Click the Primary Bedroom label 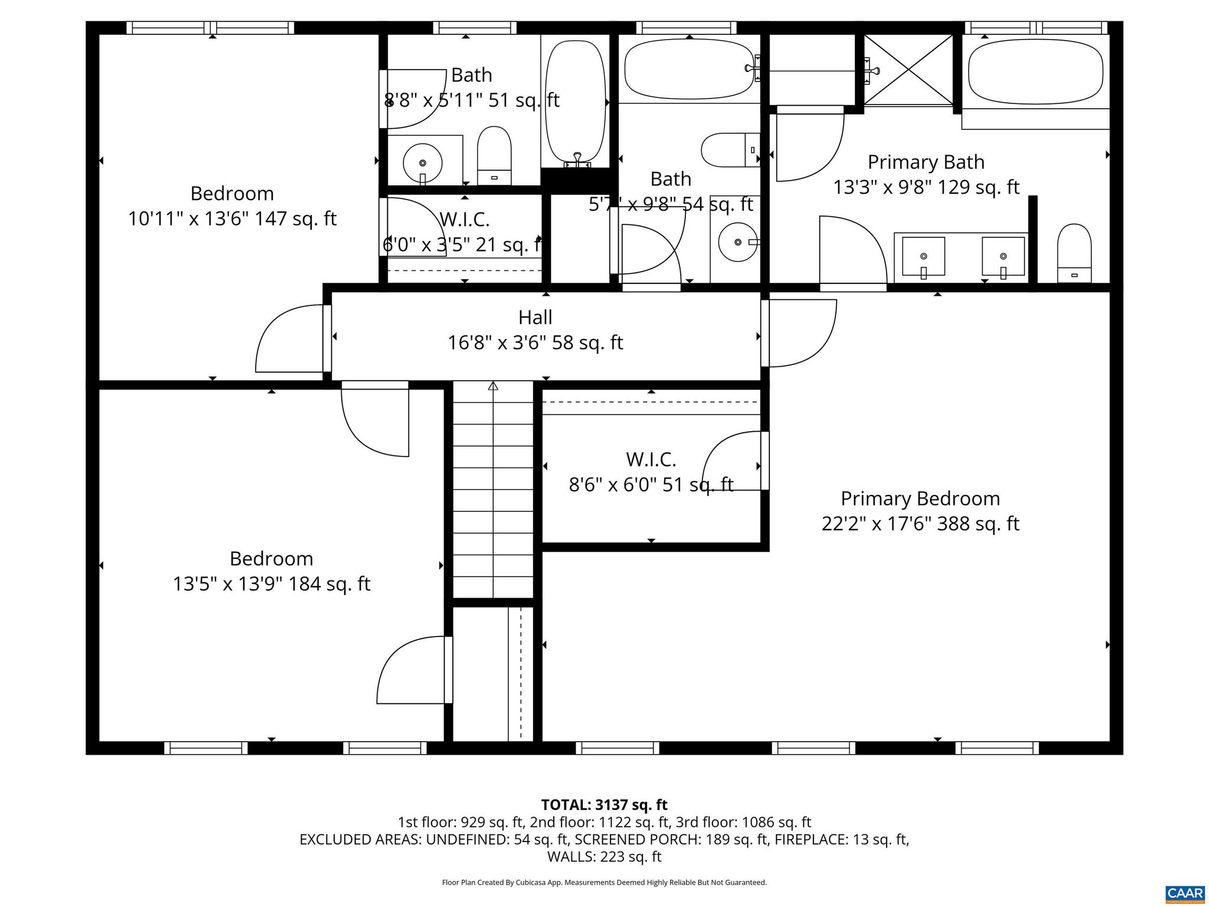pos(920,498)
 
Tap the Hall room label pos(535,318)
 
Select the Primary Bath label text pos(926,162)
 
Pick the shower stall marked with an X pos(909,70)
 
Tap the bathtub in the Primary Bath pos(1035,73)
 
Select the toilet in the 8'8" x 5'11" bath pos(494,155)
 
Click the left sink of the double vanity pos(923,257)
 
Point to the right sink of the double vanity pos(1003,257)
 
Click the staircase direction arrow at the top pos(493,386)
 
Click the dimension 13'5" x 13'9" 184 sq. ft pos(271,584)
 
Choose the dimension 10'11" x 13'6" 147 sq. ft pos(232,219)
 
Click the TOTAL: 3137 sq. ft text pos(604,805)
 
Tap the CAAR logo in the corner pos(1185,893)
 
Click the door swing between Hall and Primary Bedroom pos(800,334)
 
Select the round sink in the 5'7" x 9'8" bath pos(737,242)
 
